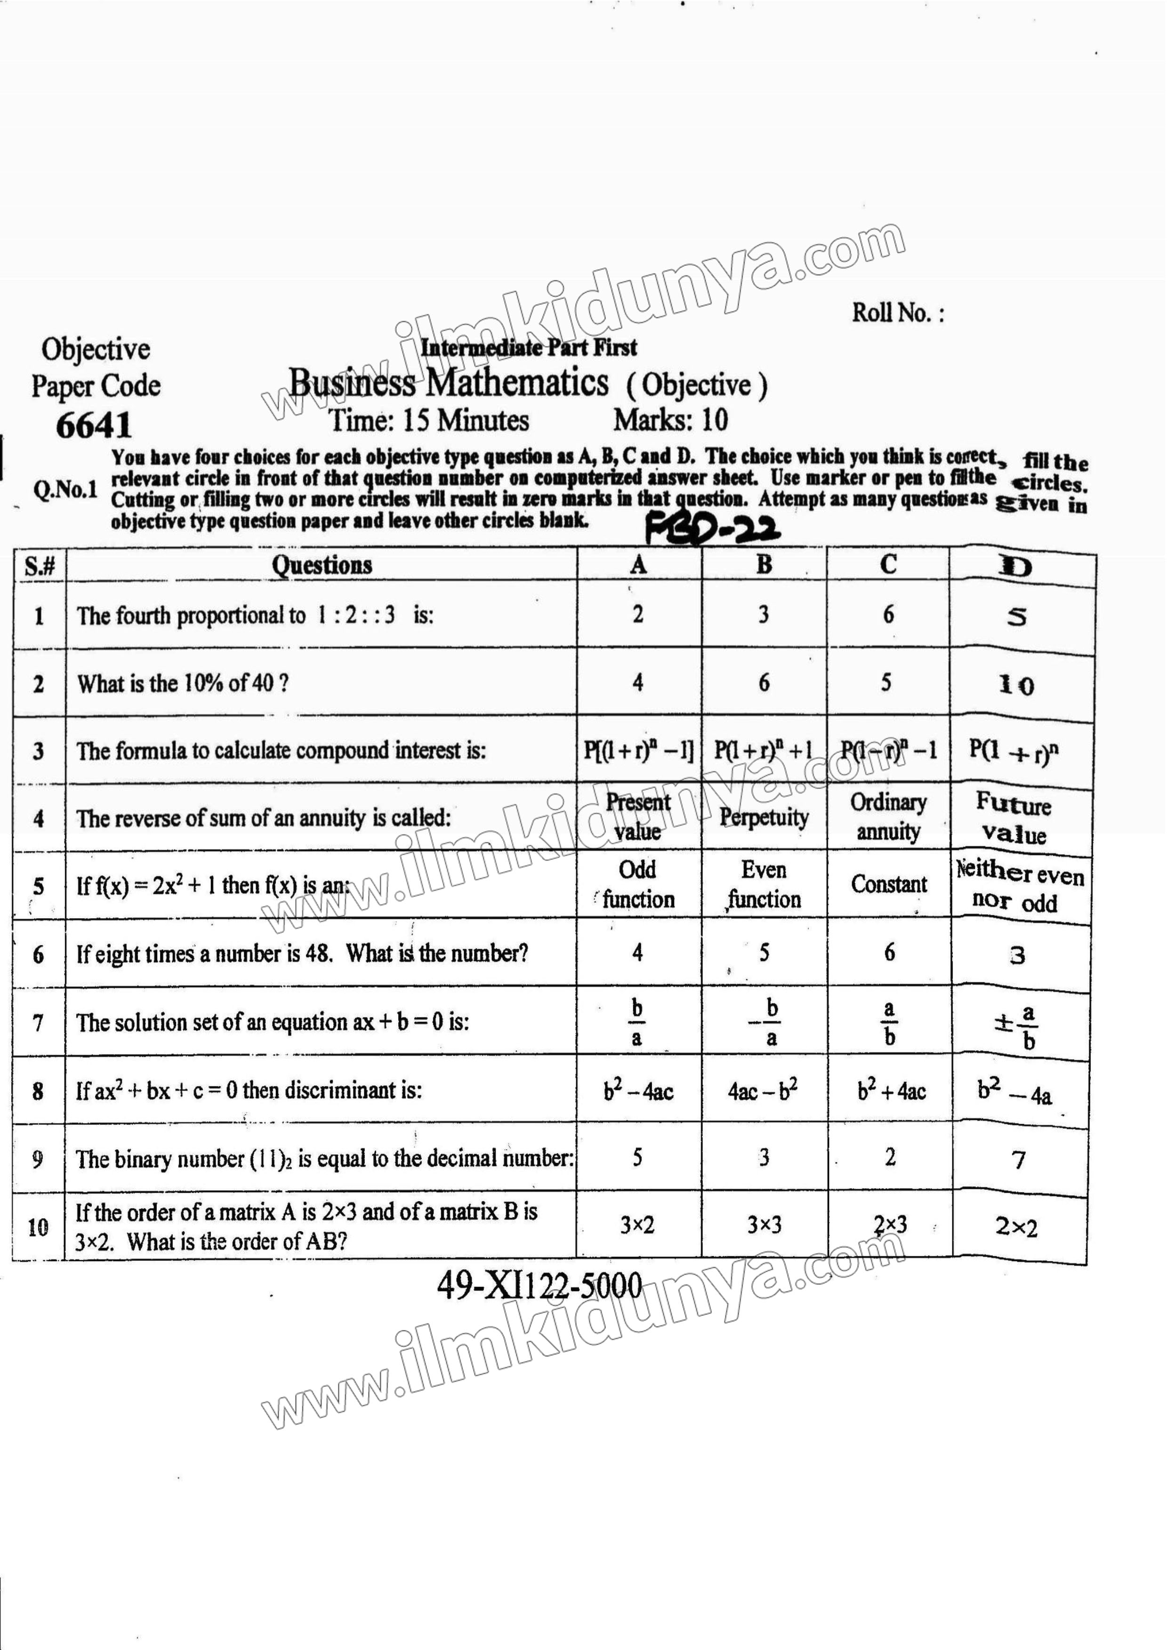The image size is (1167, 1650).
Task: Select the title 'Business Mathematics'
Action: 449,382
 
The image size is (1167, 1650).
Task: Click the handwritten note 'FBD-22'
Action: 712,531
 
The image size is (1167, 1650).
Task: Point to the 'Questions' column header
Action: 322,565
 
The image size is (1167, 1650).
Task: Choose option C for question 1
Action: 889,615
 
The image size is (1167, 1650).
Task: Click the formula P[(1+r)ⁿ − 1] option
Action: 638,751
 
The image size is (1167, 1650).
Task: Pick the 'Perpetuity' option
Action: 764,817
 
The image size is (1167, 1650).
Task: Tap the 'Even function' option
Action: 764,885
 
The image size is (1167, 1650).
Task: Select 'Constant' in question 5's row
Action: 889,884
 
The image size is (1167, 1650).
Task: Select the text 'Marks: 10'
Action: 670,420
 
